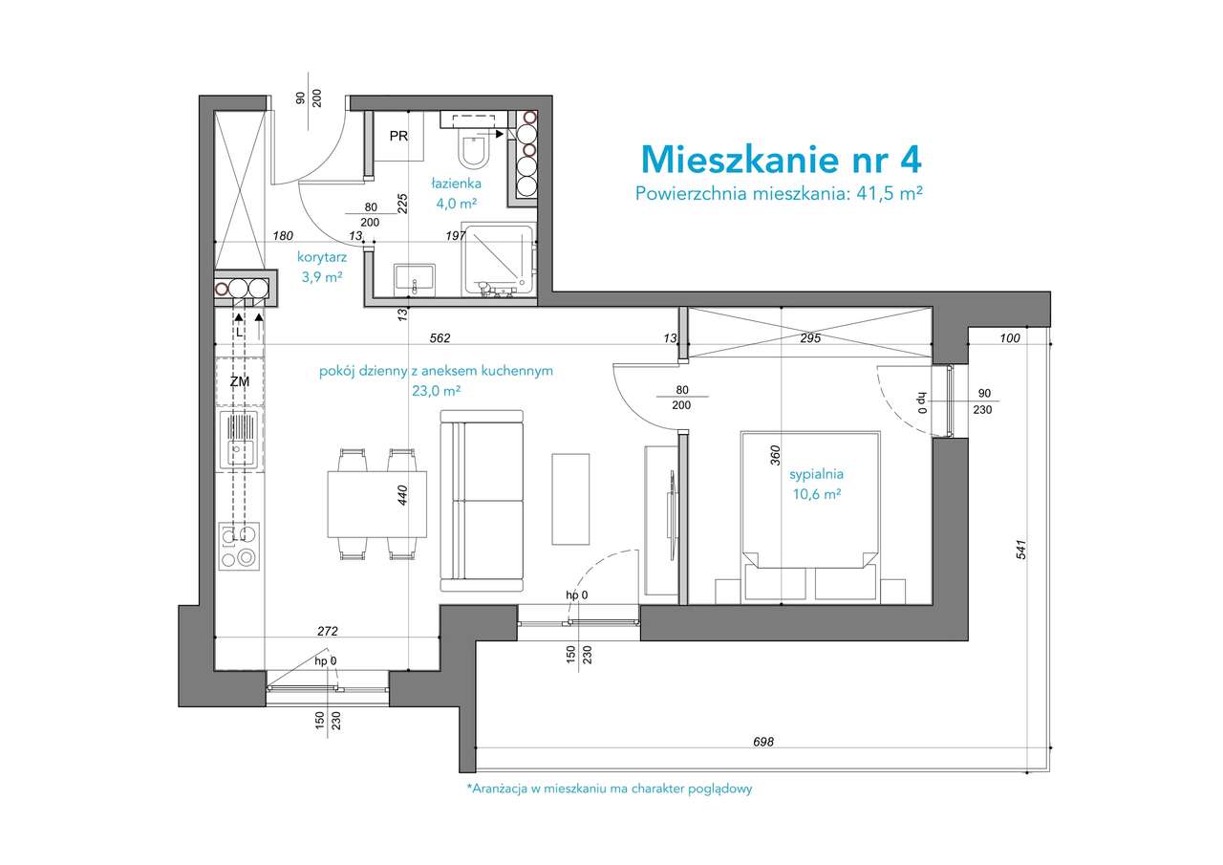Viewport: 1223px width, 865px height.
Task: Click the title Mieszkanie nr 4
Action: pyautogui.click(x=781, y=157)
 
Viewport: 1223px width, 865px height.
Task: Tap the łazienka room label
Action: pyautogui.click(x=455, y=183)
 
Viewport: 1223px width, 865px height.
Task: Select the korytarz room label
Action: pyautogui.click(x=321, y=256)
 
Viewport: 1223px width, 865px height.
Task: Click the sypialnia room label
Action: pyautogui.click(x=816, y=473)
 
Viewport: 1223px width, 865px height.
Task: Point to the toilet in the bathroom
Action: pyautogui.click(x=474, y=151)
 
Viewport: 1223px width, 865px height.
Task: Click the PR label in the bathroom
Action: pyautogui.click(x=398, y=136)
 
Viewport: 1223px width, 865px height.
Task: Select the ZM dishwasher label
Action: pyautogui.click(x=239, y=382)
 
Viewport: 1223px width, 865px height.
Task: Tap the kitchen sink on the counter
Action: pyautogui.click(x=239, y=440)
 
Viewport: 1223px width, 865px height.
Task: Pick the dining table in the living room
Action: pyautogui.click(x=376, y=504)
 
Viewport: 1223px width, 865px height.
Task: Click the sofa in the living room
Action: pyautogui.click(x=482, y=501)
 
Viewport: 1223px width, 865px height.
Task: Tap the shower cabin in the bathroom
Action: pyautogui.click(x=497, y=260)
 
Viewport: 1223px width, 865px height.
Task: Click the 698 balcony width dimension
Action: pyautogui.click(x=762, y=741)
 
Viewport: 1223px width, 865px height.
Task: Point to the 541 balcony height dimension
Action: pyautogui.click(x=1021, y=550)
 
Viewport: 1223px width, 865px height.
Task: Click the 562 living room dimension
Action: pyautogui.click(x=440, y=337)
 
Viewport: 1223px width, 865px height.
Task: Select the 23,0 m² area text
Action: pyautogui.click(x=438, y=390)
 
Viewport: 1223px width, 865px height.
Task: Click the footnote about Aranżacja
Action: pyautogui.click(x=610, y=789)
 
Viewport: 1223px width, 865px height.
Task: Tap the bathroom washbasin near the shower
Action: pyautogui.click(x=416, y=277)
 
